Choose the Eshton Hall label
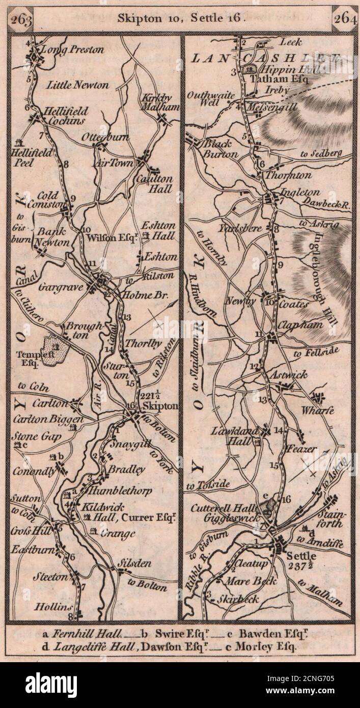coord(158,230)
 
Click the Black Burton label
coord(220,148)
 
